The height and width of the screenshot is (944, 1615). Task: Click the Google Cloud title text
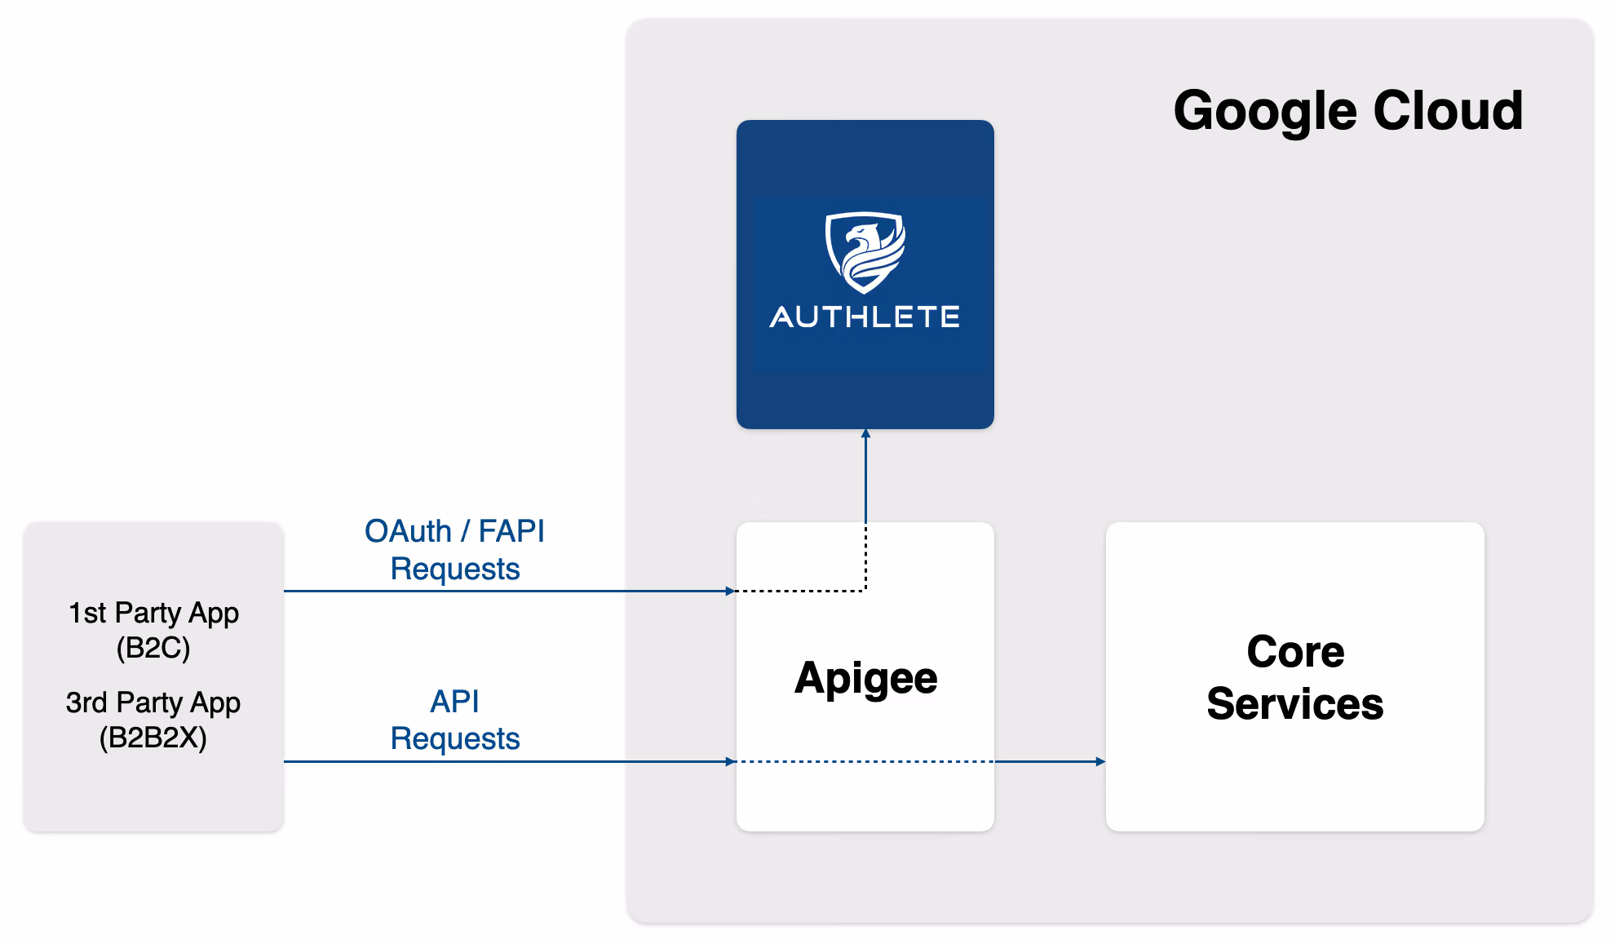pyautogui.click(x=1347, y=112)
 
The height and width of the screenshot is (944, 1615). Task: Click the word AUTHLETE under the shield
pyautogui.click(x=865, y=317)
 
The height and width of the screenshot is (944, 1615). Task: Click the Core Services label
pyautogui.click(x=1295, y=677)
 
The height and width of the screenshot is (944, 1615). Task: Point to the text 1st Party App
pyautogui.click(x=153, y=613)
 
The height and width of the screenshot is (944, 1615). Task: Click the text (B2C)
pyautogui.click(x=153, y=648)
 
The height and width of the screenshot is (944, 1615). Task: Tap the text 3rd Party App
pyautogui.click(x=153, y=702)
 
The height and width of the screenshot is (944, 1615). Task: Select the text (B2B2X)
pyautogui.click(x=153, y=738)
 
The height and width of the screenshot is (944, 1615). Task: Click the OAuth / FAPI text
pyautogui.click(x=454, y=531)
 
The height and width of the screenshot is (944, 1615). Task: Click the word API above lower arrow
pyautogui.click(x=454, y=701)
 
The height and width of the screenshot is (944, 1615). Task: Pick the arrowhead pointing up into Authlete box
pyautogui.click(x=865, y=433)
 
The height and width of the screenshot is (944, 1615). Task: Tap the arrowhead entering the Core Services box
pyautogui.click(x=1101, y=761)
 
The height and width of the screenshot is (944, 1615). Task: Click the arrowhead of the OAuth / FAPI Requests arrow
pyautogui.click(x=731, y=591)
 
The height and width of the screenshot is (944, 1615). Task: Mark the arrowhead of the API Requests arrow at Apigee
pyautogui.click(x=731, y=761)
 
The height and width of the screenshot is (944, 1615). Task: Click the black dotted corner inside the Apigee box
pyautogui.click(x=865, y=591)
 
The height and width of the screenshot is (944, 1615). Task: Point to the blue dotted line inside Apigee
pyautogui.click(x=865, y=761)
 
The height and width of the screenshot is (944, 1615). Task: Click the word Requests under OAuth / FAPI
pyautogui.click(x=455, y=570)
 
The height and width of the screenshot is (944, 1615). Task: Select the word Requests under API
pyautogui.click(x=455, y=739)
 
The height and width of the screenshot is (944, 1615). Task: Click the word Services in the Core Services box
pyautogui.click(x=1295, y=703)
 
